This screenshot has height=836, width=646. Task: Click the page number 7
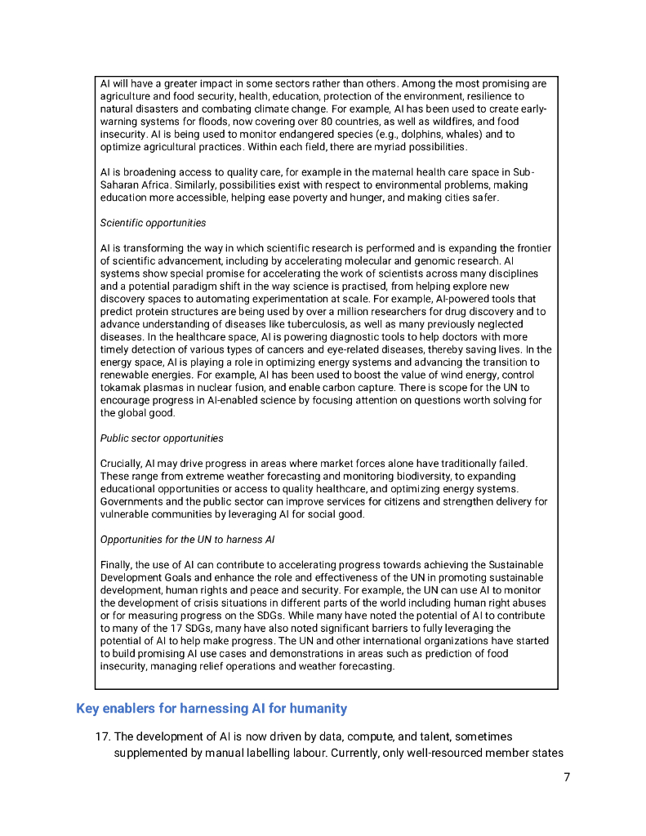[567, 777]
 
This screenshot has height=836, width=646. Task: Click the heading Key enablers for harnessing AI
[212, 709]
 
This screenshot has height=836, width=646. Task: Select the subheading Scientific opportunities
[153, 223]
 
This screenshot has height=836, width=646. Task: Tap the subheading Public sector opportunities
[162, 438]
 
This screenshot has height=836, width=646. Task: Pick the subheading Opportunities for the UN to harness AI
[187, 540]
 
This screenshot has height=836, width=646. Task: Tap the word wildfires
[443, 122]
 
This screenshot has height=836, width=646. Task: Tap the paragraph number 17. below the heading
[103, 737]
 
